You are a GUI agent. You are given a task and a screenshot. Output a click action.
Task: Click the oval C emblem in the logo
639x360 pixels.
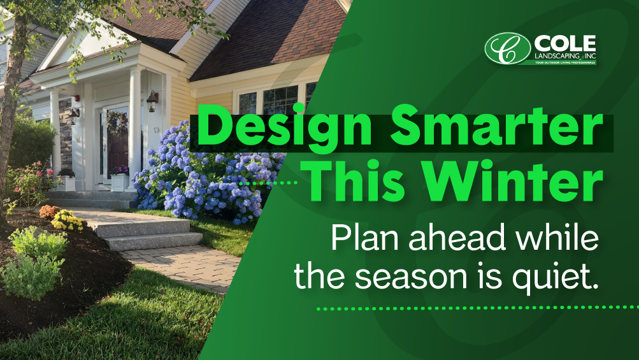point(507,48)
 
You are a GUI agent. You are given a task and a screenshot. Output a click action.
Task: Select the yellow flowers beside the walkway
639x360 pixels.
point(68,221)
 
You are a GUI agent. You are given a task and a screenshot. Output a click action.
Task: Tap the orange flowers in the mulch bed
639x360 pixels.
point(48,211)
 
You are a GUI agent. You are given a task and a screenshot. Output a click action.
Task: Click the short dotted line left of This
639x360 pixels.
point(273,183)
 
